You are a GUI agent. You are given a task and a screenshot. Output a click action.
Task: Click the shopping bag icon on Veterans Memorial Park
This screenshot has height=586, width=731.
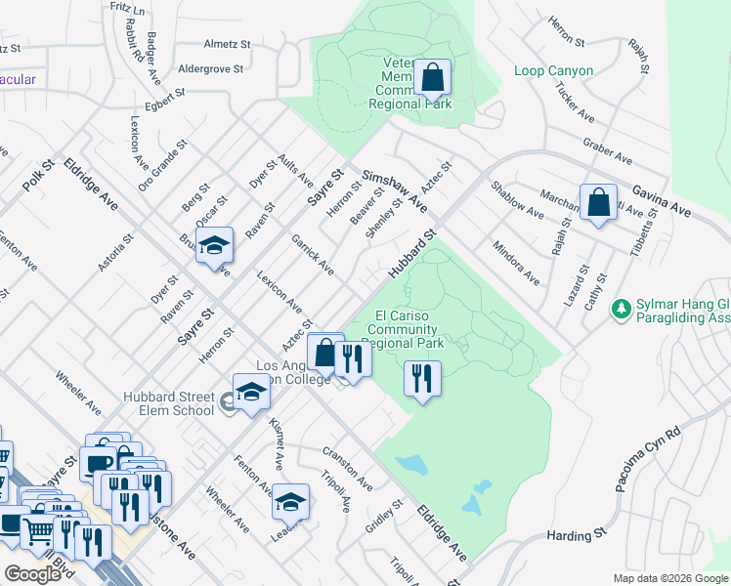[432, 76]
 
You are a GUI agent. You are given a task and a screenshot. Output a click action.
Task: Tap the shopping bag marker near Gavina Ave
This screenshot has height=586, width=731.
[598, 202]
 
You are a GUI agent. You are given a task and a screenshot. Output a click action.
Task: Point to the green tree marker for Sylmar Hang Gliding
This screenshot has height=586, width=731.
[620, 309]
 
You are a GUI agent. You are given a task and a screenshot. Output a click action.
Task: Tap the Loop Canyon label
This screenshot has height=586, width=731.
[553, 71]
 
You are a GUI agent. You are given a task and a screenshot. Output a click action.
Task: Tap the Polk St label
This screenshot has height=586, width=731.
[37, 171]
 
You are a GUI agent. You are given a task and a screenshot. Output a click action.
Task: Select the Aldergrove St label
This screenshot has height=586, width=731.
[216, 69]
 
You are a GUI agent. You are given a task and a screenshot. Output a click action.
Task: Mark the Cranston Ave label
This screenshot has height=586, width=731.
[348, 469]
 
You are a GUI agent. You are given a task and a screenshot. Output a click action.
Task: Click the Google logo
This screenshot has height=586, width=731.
[32, 574]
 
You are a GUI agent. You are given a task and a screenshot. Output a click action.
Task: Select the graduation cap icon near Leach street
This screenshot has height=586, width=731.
[290, 502]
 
